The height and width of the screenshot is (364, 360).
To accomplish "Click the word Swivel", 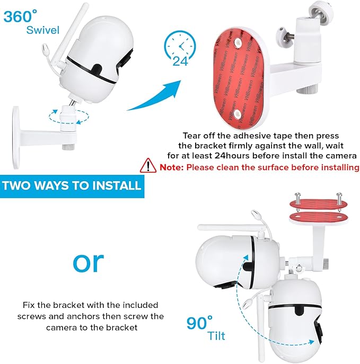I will pos(43,29).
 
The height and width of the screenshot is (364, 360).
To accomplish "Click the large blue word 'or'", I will pos(89,262).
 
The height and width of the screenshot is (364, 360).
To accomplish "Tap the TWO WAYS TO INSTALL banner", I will pos(72,185).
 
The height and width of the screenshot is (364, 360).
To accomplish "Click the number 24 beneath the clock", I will pos(180,61).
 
